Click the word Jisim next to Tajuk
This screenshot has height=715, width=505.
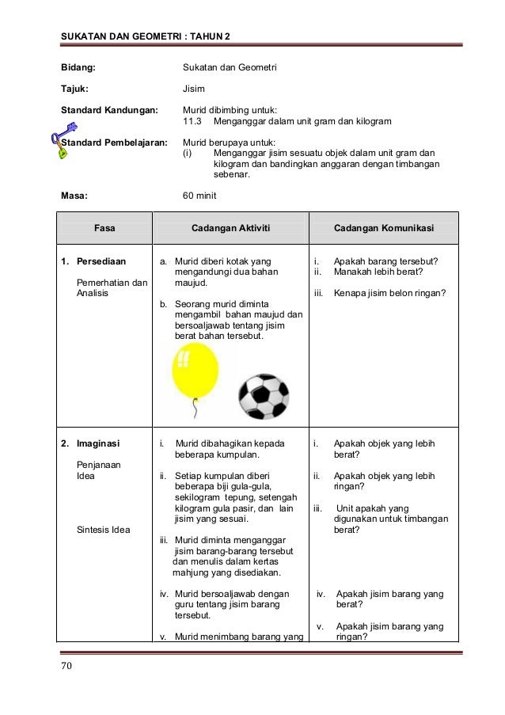click(194, 89)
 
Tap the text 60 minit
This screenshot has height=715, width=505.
click(204, 195)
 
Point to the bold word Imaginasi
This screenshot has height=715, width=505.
click(98, 443)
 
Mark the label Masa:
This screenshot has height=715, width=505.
click(74, 195)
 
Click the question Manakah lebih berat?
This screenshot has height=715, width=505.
click(378, 272)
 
